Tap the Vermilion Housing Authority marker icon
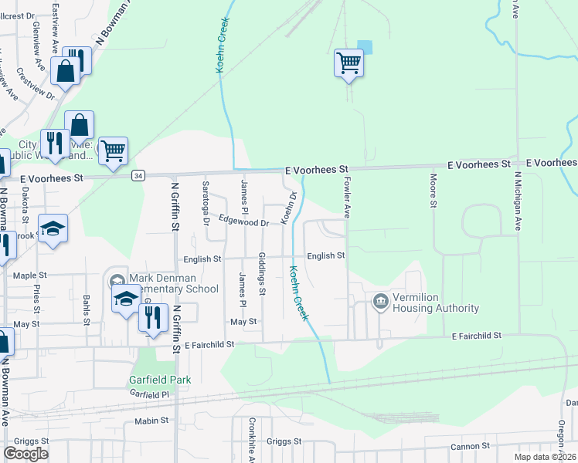tap(380, 301)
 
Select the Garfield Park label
tap(160, 380)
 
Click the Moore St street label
tap(432, 190)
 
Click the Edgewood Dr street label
tap(243, 222)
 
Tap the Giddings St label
tap(262, 274)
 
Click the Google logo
tap(26, 454)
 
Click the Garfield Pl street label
tap(149, 394)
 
